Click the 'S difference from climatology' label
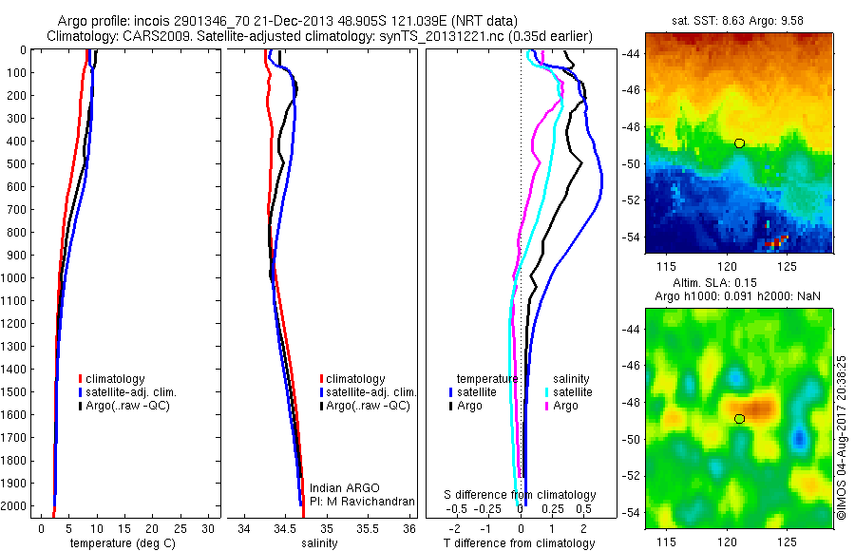(x=521, y=495)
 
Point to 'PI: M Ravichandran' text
(x=363, y=501)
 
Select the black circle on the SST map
(x=739, y=142)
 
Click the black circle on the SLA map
(x=739, y=419)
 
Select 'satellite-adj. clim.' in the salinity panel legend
(x=371, y=392)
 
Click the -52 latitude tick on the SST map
(x=631, y=200)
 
